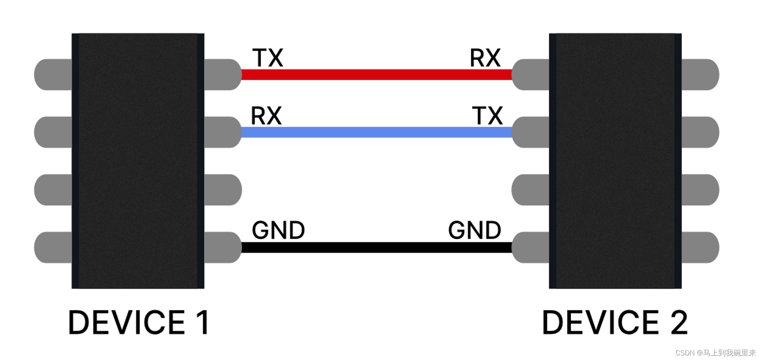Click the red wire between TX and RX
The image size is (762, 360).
point(376,75)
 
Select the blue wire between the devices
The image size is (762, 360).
point(376,132)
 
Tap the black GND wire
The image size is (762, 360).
point(376,247)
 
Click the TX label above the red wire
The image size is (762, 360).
point(268,58)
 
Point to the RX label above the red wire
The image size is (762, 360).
point(485,58)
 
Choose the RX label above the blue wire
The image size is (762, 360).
point(266,116)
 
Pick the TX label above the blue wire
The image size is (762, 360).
point(487,116)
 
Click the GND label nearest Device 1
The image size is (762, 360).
point(278,230)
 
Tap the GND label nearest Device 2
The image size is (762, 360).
point(474,230)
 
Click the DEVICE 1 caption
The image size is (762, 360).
point(139,323)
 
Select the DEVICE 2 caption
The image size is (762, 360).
point(615,323)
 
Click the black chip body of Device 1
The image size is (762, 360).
point(138,161)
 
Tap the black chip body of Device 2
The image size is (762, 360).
point(615,161)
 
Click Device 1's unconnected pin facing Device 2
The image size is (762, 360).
point(223,190)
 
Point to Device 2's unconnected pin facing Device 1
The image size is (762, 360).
point(530,190)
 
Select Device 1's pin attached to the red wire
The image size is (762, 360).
point(223,75)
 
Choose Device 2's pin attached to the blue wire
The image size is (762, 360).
point(530,132)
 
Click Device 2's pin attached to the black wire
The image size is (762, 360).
point(530,247)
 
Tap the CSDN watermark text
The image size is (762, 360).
point(715,353)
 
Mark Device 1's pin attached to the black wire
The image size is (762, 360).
point(223,247)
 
